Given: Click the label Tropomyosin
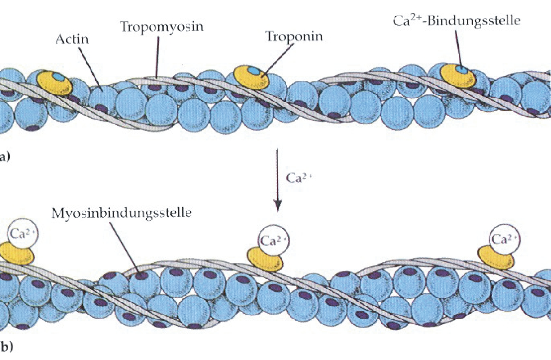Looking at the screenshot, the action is [x=162, y=27].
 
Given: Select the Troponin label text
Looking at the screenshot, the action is [x=294, y=37].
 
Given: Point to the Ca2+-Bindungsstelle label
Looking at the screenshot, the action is [x=456, y=21].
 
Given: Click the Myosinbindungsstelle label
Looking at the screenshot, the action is [x=121, y=213].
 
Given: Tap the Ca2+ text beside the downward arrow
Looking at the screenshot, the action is [x=298, y=178].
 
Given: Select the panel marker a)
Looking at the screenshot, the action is [x=4, y=157].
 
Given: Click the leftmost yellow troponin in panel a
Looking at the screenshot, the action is [x=55, y=83].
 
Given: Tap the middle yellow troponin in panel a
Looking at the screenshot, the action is [x=251, y=77].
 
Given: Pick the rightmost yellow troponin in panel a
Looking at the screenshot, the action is [x=458, y=76].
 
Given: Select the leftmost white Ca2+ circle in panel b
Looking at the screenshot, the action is [x=23, y=233].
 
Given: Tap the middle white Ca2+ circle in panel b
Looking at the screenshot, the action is [x=274, y=240].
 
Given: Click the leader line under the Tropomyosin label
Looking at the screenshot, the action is [x=158, y=57].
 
